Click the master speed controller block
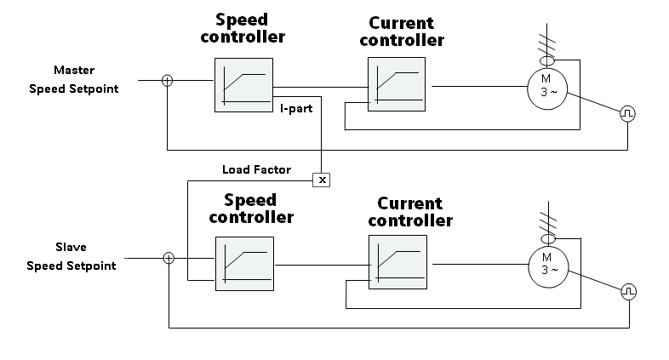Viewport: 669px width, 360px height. pyautogui.click(x=244, y=84)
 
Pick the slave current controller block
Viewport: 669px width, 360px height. pyautogui.click(x=397, y=263)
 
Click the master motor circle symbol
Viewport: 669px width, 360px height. pyautogui.click(x=547, y=87)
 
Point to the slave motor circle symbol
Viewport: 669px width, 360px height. pyautogui.click(x=549, y=265)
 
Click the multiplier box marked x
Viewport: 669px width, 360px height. pyautogui.click(x=323, y=179)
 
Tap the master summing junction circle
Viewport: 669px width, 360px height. pyautogui.click(x=168, y=81)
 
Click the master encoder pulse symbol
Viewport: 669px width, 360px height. pyautogui.click(x=627, y=112)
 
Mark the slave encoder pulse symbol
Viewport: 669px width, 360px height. pyautogui.click(x=628, y=291)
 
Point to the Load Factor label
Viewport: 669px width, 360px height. pyautogui.click(x=256, y=169)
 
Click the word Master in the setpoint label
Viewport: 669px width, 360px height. pyautogui.click(x=73, y=70)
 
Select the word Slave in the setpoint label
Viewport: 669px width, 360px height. pyautogui.click(x=71, y=248)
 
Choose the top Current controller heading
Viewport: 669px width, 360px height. pyautogui.click(x=402, y=31)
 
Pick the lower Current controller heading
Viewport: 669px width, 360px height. pyautogui.click(x=410, y=212)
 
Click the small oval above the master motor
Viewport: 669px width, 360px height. pyautogui.click(x=547, y=61)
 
